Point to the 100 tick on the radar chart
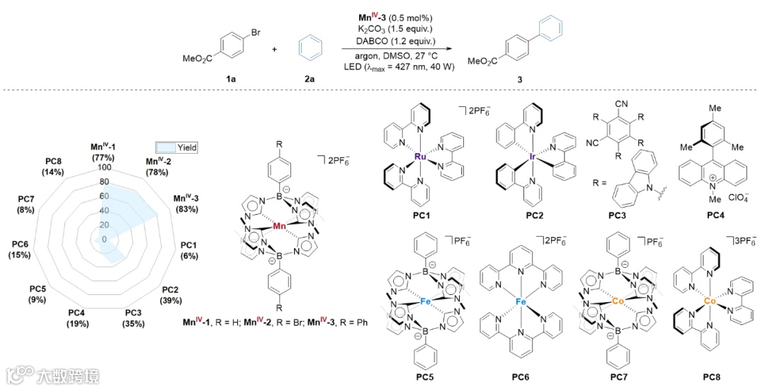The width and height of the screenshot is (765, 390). tap(106, 168)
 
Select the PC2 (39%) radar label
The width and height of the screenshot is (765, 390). tap(169, 294)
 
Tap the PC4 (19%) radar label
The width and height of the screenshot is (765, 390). tap(78, 318)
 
